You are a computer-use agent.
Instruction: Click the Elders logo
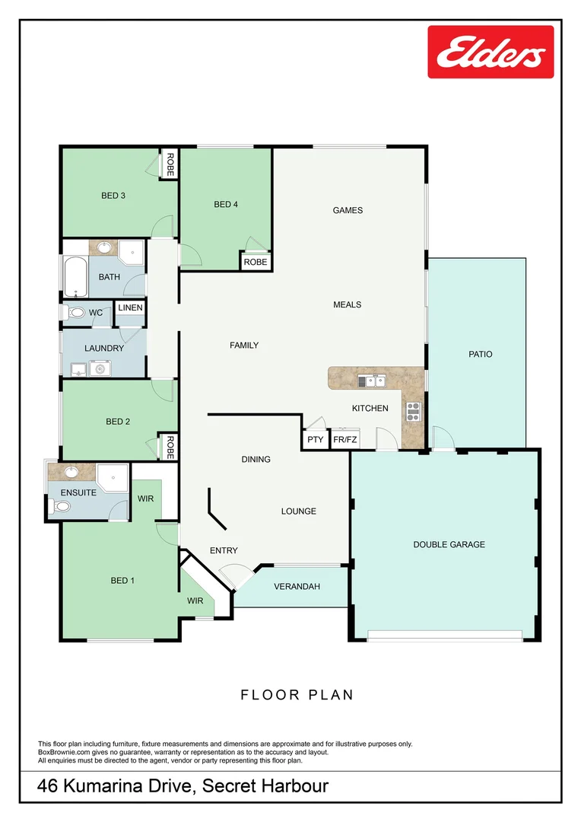click(491, 52)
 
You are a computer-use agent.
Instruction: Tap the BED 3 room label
click(113, 196)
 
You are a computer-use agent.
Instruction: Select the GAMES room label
click(348, 210)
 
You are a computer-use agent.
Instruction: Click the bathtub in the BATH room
click(76, 276)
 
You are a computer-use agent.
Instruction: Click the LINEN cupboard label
click(131, 307)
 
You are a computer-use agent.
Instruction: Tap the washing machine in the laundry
click(100, 368)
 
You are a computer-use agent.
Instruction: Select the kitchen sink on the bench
click(372, 381)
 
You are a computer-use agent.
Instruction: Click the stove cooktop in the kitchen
click(414, 412)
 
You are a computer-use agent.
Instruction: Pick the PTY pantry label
click(316, 439)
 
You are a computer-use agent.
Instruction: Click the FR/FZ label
click(345, 439)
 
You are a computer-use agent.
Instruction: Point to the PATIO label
click(481, 355)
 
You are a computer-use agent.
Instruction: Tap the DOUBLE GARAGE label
click(449, 545)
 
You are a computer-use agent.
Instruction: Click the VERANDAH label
click(297, 587)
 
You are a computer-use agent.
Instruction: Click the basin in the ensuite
click(71, 473)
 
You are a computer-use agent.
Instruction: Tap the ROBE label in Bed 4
click(256, 262)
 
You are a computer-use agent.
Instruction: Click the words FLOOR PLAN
click(297, 695)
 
